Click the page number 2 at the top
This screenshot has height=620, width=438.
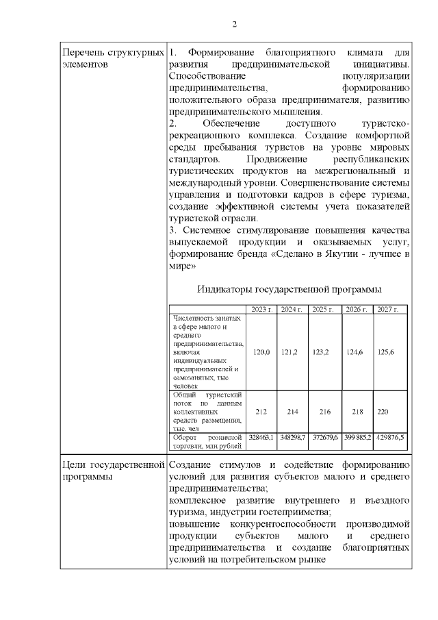pyautogui.click(x=235, y=25)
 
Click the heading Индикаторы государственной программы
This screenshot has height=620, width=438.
pyautogui.click(x=289, y=289)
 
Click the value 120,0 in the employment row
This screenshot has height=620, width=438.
pyautogui.click(x=261, y=351)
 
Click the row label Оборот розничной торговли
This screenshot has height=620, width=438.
pyautogui.click(x=208, y=441)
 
